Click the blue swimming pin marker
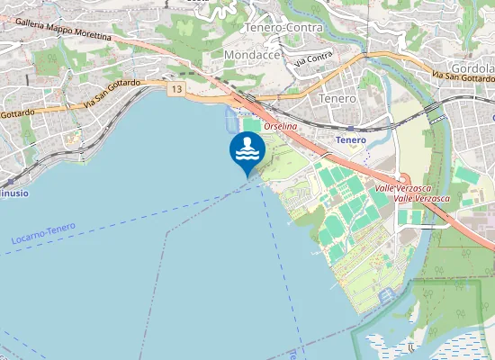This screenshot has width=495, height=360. pyautogui.click(x=246, y=149)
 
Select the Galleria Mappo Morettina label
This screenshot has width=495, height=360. pyautogui.click(x=63, y=31)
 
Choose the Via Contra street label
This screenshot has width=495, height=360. pyautogui.click(x=313, y=59)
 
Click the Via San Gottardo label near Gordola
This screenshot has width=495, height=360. pyautogui.click(x=463, y=77)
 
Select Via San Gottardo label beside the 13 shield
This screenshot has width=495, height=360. pyautogui.click(x=112, y=94)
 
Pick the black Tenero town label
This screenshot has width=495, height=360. pyautogui.click(x=337, y=97)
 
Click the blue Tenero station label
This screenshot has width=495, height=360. pyautogui.click(x=350, y=140)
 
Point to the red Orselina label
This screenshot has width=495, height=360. pyautogui.click(x=280, y=126)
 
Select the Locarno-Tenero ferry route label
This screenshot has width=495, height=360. pyautogui.click(x=44, y=235)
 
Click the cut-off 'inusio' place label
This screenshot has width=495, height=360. pyautogui.click(x=13, y=193)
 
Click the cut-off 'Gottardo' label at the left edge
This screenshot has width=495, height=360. pyautogui.click(x=17, y=113)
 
